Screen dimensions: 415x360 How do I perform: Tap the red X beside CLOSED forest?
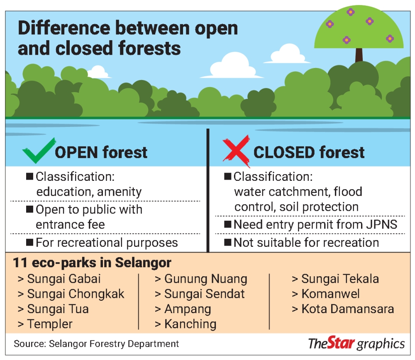[236, 151]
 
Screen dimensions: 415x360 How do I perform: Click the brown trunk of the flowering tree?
[359, 55]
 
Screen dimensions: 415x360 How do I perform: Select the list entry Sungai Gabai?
[59, 279]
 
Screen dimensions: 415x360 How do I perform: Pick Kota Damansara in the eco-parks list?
[343, 309]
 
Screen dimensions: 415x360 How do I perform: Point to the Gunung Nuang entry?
[201, 279]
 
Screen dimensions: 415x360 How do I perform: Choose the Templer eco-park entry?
[45, 324]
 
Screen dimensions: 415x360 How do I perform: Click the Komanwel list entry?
[326, 294]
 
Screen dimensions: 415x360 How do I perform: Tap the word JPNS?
[382, 224]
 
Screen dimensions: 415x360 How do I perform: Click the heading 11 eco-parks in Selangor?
[92, 263]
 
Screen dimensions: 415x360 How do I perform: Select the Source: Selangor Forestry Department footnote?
[96, 344]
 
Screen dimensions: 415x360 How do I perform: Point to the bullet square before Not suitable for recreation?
[227, 242]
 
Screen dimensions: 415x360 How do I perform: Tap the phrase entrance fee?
[71, 225]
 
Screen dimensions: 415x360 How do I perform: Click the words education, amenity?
[89, 192]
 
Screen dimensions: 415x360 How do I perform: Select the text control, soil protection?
[296, 207]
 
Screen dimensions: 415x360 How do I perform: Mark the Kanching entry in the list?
[186, 324]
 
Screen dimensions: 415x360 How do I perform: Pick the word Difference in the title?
[64, 28]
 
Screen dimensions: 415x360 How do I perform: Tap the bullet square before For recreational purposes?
[29, 242]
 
